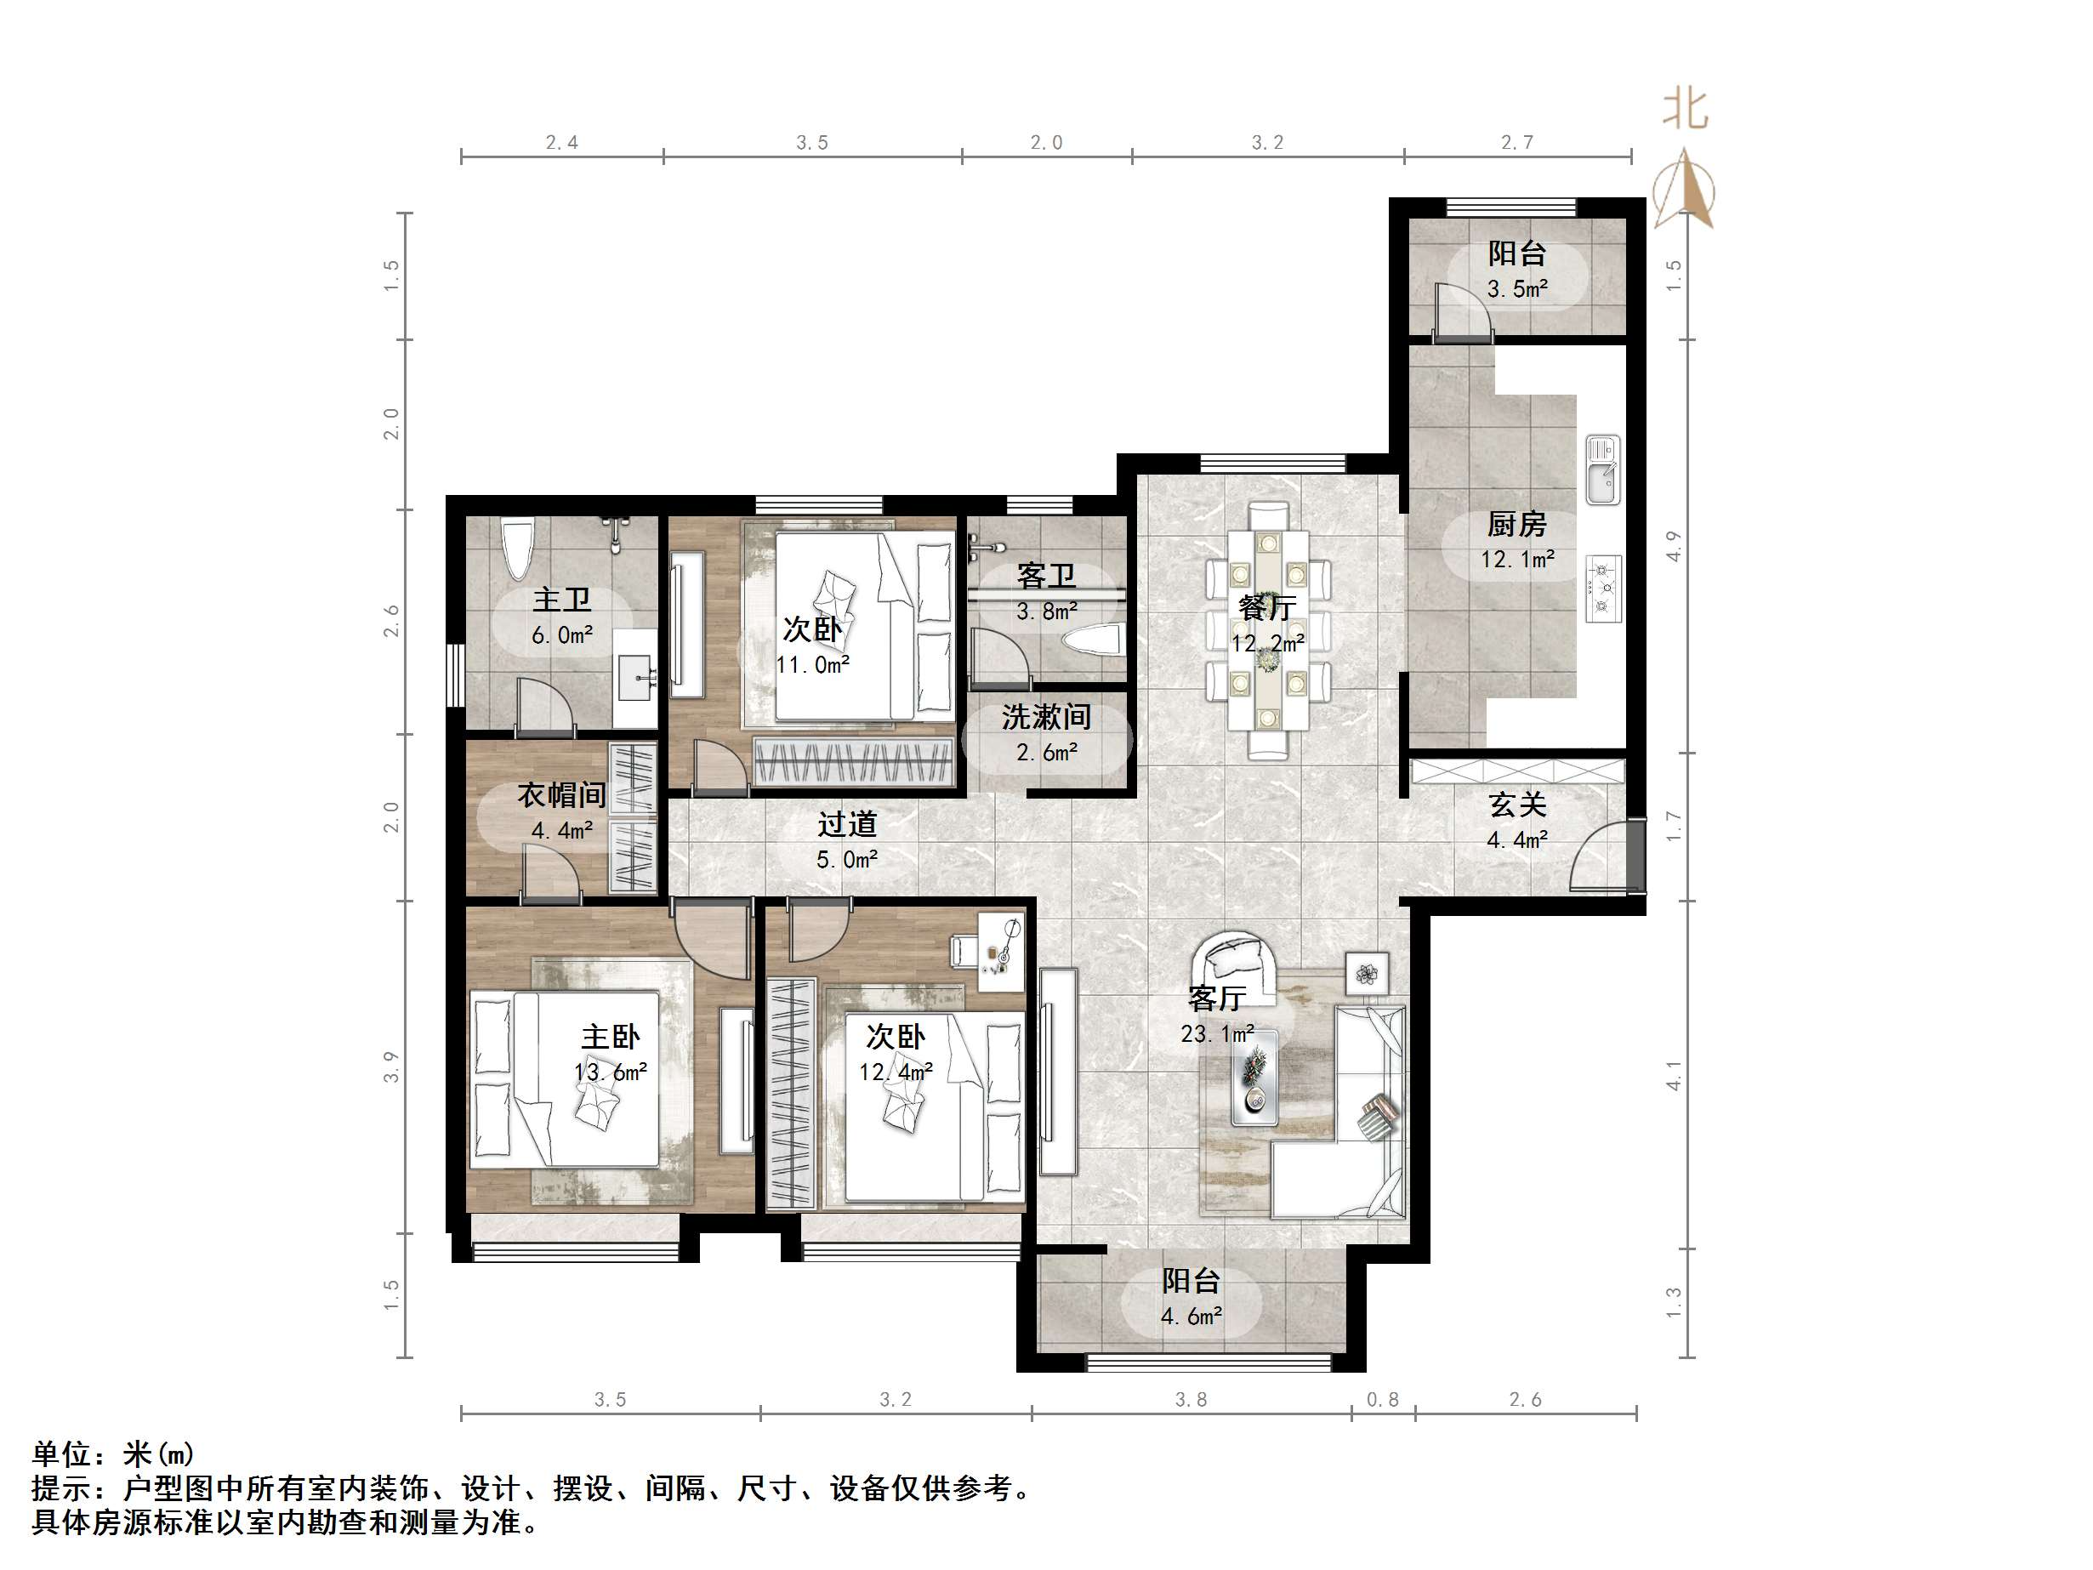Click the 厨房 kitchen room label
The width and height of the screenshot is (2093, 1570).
pos(1516,524)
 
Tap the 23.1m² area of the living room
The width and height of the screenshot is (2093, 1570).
pos(1217,1034)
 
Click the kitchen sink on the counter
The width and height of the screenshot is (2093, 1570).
pos(1603,470)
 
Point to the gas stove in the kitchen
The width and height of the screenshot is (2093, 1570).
pos(1603,588)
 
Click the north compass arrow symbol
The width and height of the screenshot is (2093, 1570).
pos(1684,191)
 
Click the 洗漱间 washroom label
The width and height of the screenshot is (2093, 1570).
pos(1045,717)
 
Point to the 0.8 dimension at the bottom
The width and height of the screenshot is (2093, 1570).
pos(1382,1400)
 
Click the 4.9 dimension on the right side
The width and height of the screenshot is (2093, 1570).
pos(1674,547)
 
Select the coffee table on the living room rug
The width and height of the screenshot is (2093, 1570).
pos(1254,1078)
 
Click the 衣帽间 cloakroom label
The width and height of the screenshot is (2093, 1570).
pos(561,795)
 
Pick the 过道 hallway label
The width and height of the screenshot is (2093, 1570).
pos(847,825)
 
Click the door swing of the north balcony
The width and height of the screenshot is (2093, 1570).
pos(1461,311)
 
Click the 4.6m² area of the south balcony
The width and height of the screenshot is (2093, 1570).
pos(1192,1317)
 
